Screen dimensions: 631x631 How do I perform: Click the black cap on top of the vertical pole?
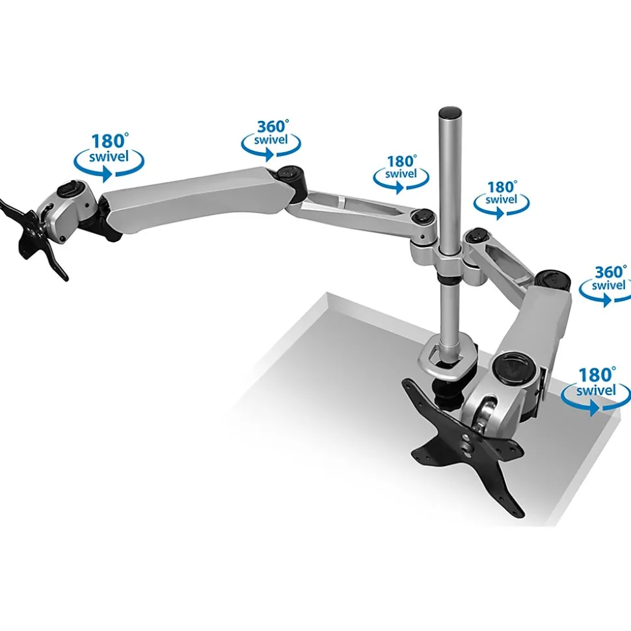(x=450, y=112)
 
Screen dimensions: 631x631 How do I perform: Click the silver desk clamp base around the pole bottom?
(x=448, y=356)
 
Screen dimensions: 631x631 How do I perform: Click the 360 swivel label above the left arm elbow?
(x=271, y=140)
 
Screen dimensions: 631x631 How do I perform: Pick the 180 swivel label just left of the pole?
(x=401, y=174)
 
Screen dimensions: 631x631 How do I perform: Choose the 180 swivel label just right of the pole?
(x=502, y=199)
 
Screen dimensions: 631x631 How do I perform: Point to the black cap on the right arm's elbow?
(x=553, y=279)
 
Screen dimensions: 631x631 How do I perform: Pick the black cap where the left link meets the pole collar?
(x=423, y=217)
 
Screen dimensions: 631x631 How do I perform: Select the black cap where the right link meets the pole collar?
(x=477, y=236)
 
